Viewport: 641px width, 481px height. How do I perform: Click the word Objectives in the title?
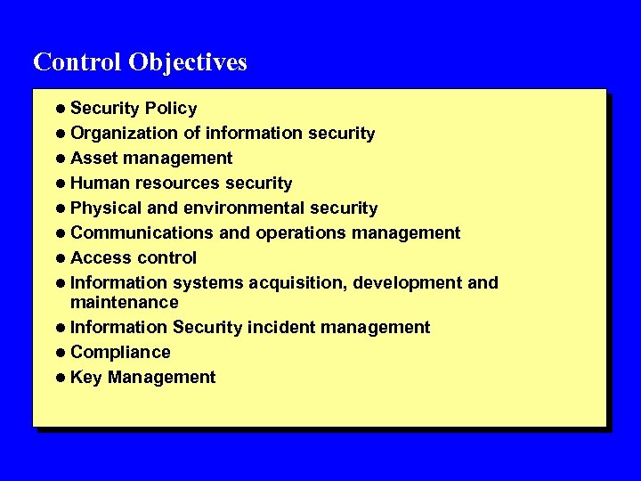click(187, 62)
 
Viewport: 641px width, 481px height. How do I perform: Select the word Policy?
click(171, 109)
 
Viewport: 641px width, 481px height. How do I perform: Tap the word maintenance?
click(124, 303)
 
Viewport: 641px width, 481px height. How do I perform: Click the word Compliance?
click(120, 353)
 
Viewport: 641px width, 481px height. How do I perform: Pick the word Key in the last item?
click(85, 378)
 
